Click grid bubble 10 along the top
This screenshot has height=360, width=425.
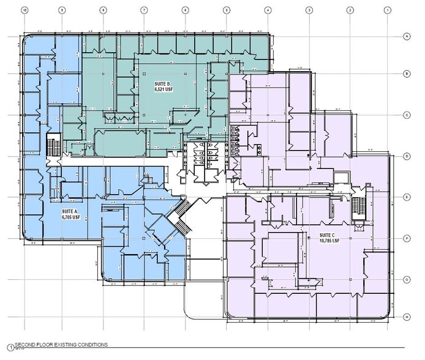[24, 10]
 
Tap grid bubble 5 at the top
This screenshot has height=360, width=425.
[226, 10]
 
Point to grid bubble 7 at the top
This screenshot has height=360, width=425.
[143, 10]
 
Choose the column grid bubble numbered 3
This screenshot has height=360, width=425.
[309, 10]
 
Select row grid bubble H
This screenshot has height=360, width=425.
[406, 317]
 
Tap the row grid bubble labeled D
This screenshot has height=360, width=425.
[406, 156]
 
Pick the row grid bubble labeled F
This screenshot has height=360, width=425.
[406, 238]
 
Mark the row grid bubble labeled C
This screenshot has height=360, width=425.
[406, 114]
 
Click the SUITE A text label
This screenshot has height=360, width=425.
[70, 211]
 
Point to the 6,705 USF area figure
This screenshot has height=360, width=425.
[70, 217]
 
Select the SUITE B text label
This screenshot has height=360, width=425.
[162, 83]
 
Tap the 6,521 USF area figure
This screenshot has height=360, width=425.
[162, 89]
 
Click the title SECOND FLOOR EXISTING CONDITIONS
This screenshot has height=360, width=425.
[61, 345]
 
